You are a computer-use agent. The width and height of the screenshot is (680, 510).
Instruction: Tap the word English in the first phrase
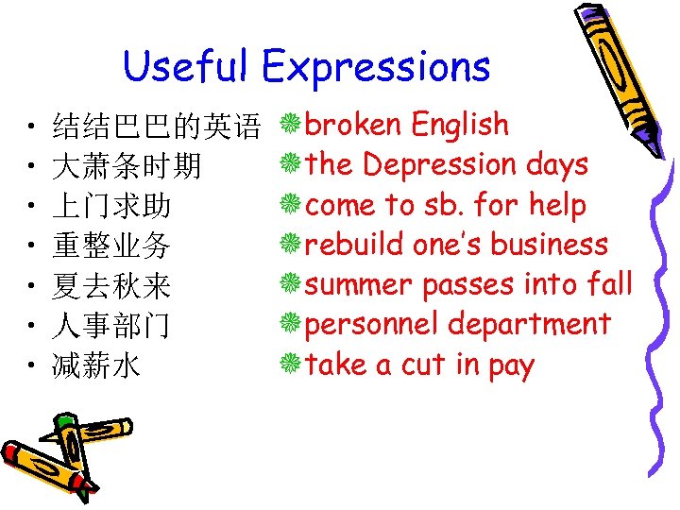[460, 126]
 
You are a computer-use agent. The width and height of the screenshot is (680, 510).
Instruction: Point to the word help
[557, 205]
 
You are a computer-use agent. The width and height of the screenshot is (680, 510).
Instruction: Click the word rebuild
[355, 245]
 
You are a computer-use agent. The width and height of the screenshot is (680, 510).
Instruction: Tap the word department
[529, 326]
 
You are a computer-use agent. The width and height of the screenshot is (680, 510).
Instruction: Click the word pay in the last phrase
[511, 366]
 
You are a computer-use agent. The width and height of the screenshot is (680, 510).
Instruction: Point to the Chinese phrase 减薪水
[97, 366]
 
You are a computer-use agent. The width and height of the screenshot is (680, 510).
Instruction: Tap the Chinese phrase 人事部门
[112, 327]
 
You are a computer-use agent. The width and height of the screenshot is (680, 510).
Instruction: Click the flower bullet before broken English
[292, 124]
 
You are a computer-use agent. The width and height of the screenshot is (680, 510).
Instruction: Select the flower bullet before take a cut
[292, 364]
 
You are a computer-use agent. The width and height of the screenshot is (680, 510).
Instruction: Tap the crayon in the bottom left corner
[57, 453]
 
